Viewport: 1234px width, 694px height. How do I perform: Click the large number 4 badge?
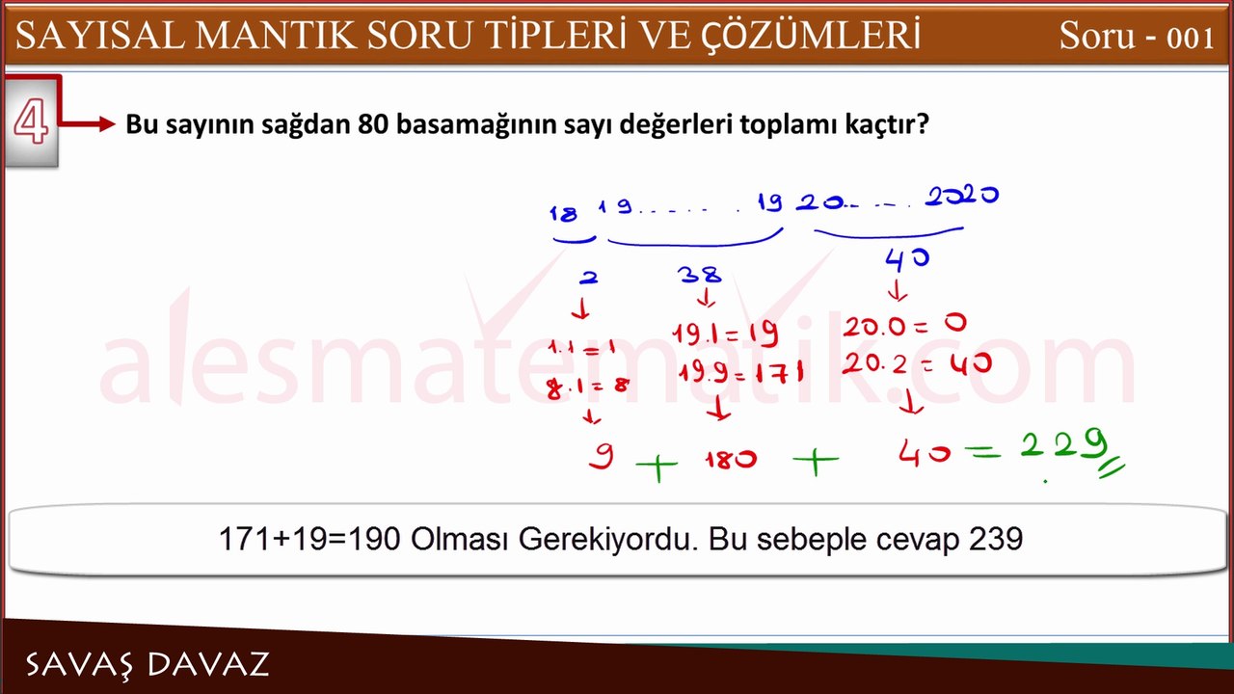[31, 122]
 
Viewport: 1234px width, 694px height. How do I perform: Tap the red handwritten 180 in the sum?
[730, 461]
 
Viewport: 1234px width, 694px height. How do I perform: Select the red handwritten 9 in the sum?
[601, 456]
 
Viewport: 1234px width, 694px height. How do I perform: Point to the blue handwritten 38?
[700, 277]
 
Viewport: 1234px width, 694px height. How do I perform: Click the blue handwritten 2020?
[961, 197]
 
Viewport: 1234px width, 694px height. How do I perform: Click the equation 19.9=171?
[739, 373]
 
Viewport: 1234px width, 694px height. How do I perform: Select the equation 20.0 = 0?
[903, 326]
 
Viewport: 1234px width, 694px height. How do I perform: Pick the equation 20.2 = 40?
[903, 364]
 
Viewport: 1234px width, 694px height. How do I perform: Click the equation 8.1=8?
[588, 386]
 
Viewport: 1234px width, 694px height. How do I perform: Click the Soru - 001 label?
[1136, 37]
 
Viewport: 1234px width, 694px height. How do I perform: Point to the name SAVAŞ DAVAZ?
[147, 664]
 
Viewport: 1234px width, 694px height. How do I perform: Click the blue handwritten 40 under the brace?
[906, 258]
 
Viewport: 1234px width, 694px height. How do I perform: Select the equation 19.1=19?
[726, 334]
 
